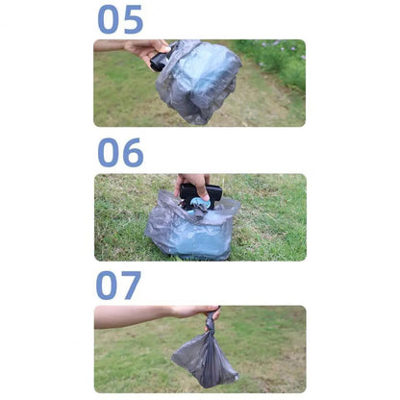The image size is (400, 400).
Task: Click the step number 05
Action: (120, 19)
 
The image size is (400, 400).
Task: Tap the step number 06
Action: (120, 153)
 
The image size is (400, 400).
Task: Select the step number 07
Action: (118, 286)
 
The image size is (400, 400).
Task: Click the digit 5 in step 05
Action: (133, 19)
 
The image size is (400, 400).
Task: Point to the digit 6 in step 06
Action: (133, 153)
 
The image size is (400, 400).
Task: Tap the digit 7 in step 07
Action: (131, 286)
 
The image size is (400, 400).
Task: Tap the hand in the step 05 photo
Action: (147, 51)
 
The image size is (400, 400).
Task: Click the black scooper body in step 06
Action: (200, 194)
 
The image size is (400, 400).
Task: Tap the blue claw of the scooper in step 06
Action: (199, 205)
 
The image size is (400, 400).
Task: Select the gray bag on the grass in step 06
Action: (192, 226)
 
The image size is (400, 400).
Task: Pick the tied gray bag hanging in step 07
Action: (205, 356)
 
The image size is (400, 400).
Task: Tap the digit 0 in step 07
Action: (107, 286)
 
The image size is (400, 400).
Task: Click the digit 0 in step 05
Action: (109, 19)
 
